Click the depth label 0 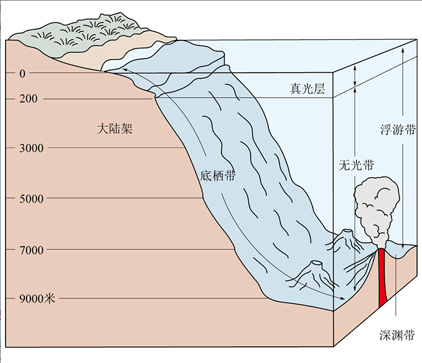pos(22,73)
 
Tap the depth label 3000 pos(31,148)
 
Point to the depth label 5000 pos(31,199)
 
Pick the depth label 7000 pos(31,250)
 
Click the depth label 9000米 pos(35,299)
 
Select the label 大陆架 pos(115,129)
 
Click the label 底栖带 pos(218,175)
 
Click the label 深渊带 pos(396,336)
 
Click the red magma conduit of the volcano pos(383,280)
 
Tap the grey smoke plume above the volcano pos(375,205)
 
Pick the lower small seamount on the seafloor pos(314,271)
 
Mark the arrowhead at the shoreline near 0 pos(123,70)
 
